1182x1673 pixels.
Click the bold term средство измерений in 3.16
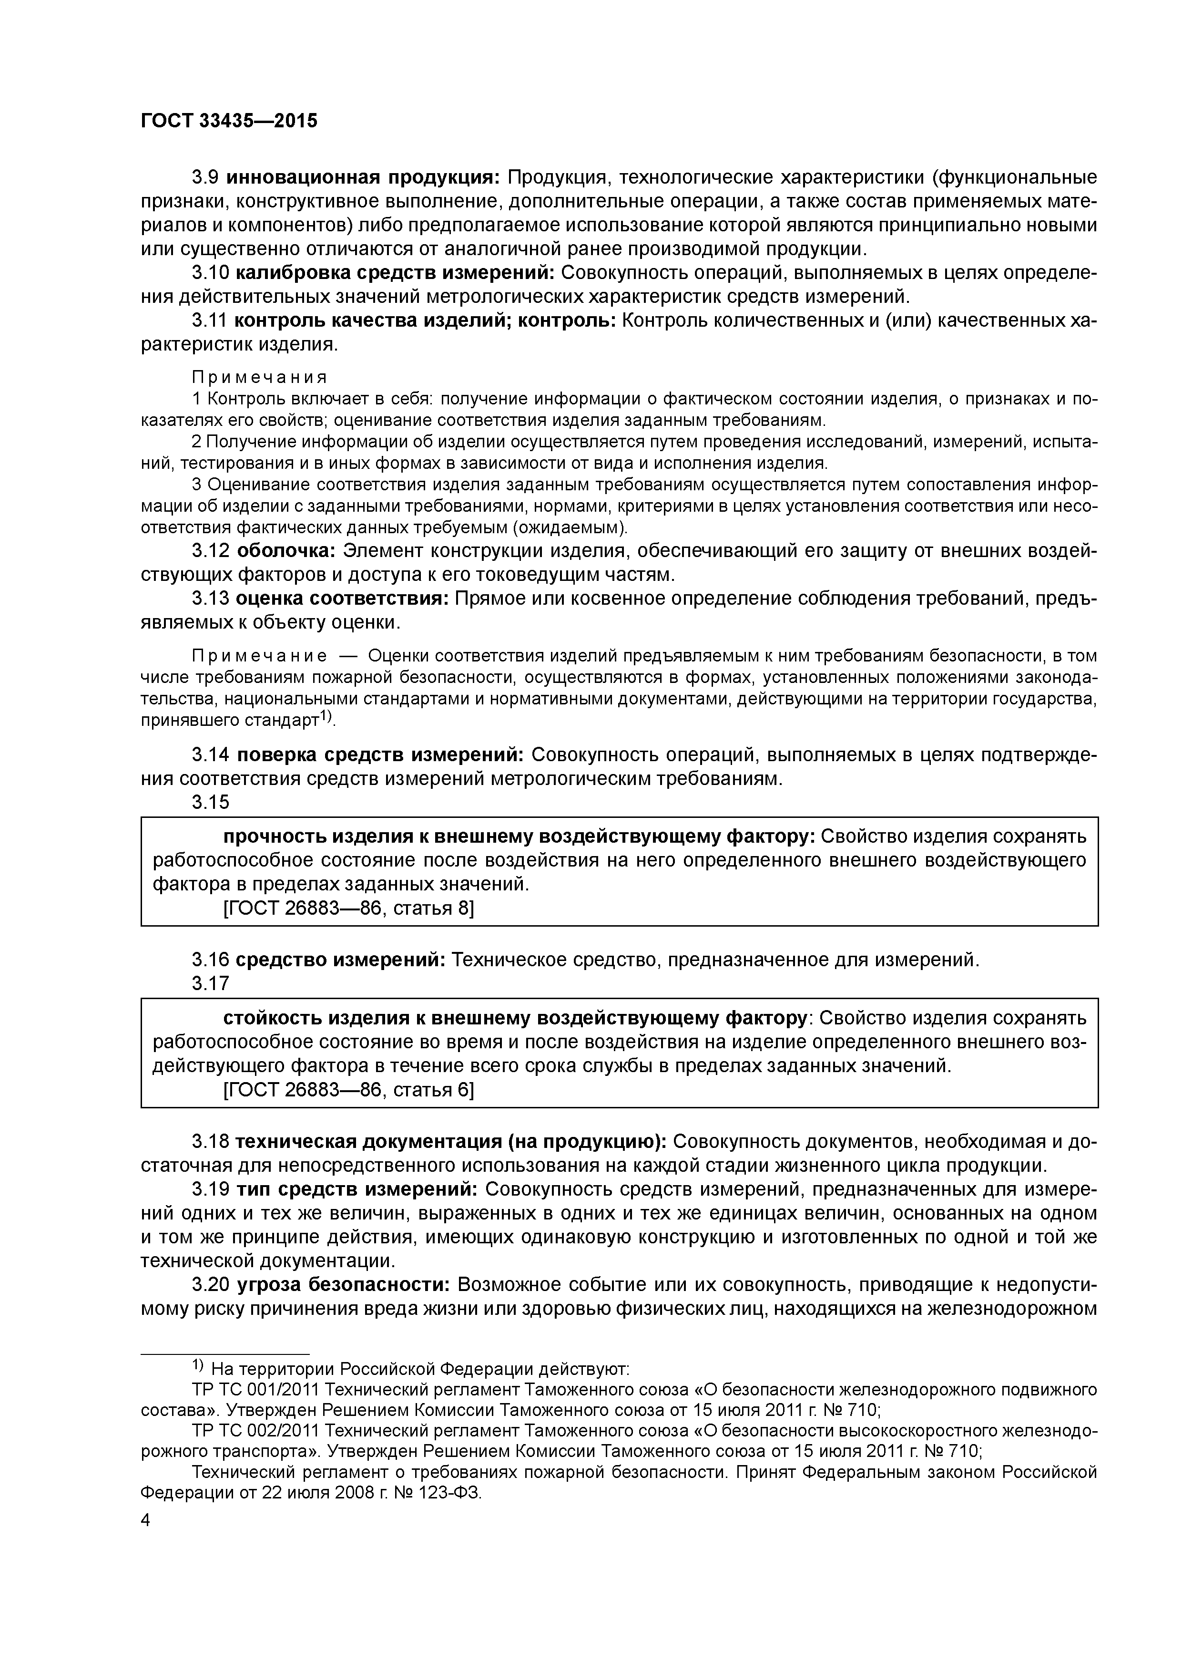tap(340, 960)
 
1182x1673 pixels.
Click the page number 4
tap(146, 1521)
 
